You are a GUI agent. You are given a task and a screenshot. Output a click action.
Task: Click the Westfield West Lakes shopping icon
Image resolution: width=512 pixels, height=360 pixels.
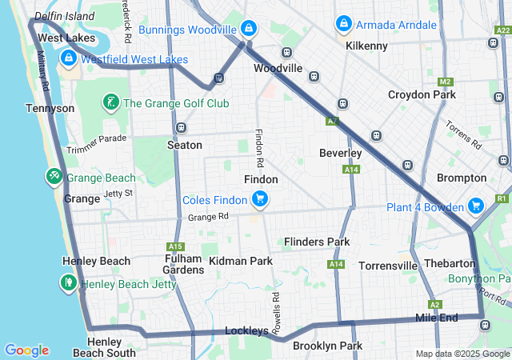67,58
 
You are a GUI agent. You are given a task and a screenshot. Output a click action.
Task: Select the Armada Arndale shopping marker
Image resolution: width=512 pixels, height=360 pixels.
344,24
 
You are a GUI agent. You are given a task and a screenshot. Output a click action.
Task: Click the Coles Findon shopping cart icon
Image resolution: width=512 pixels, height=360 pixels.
259,199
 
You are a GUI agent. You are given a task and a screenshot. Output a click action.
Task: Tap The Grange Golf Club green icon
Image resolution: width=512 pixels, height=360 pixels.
110,102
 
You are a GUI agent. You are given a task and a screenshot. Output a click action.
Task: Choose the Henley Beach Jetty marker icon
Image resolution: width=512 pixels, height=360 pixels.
69,282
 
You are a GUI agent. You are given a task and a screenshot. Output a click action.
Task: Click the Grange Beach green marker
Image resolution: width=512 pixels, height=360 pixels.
54,177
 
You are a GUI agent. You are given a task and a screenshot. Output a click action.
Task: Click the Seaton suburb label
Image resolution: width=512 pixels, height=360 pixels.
184,145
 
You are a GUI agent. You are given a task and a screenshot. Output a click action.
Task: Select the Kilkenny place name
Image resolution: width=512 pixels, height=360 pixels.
366,46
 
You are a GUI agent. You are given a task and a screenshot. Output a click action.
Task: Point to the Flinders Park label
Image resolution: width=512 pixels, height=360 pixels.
317,242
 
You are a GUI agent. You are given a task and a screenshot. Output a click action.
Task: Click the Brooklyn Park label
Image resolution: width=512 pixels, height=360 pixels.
327,346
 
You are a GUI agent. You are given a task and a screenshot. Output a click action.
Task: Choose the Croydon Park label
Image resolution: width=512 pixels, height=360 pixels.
422,94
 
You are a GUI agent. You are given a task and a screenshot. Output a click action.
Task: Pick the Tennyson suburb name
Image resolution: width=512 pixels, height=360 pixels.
50,108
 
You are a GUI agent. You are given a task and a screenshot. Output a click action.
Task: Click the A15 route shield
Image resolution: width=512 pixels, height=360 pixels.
175,246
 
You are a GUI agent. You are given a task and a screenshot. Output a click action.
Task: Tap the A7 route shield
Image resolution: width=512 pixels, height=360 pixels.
332,122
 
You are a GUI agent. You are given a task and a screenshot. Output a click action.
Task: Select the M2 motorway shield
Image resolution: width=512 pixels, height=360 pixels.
446,82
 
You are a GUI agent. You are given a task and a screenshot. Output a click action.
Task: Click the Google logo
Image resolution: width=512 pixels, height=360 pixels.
26,350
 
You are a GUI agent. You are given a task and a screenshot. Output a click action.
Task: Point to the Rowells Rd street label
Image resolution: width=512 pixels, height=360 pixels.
274,306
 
